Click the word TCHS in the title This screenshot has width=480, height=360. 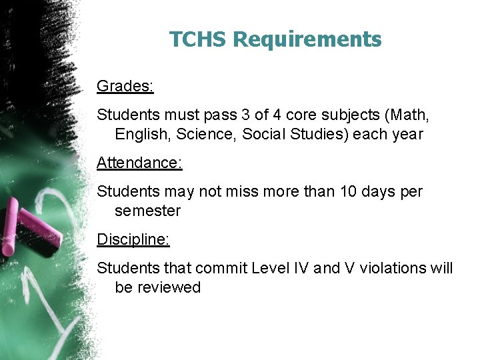point(198,39)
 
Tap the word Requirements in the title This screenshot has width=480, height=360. point(307,40)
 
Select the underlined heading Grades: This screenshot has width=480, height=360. point(125,86)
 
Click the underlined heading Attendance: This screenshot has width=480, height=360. point(139,163)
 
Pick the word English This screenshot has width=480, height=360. point(141,135)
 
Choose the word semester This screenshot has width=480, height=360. point(147,211)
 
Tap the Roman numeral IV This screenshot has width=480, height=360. point(303,268)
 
